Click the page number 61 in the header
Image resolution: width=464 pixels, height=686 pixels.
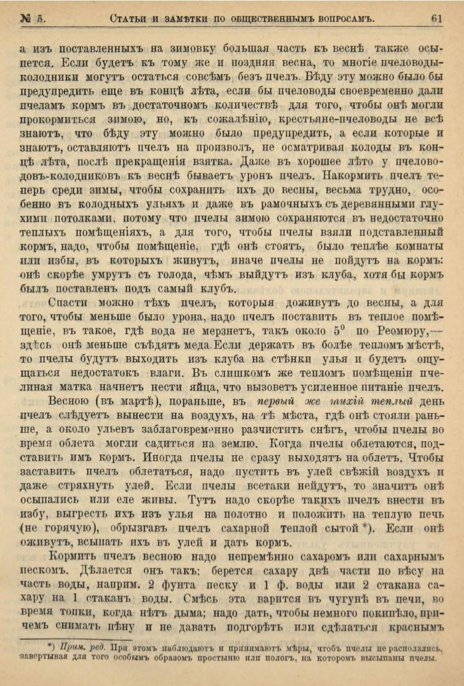[x=437, y=18]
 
